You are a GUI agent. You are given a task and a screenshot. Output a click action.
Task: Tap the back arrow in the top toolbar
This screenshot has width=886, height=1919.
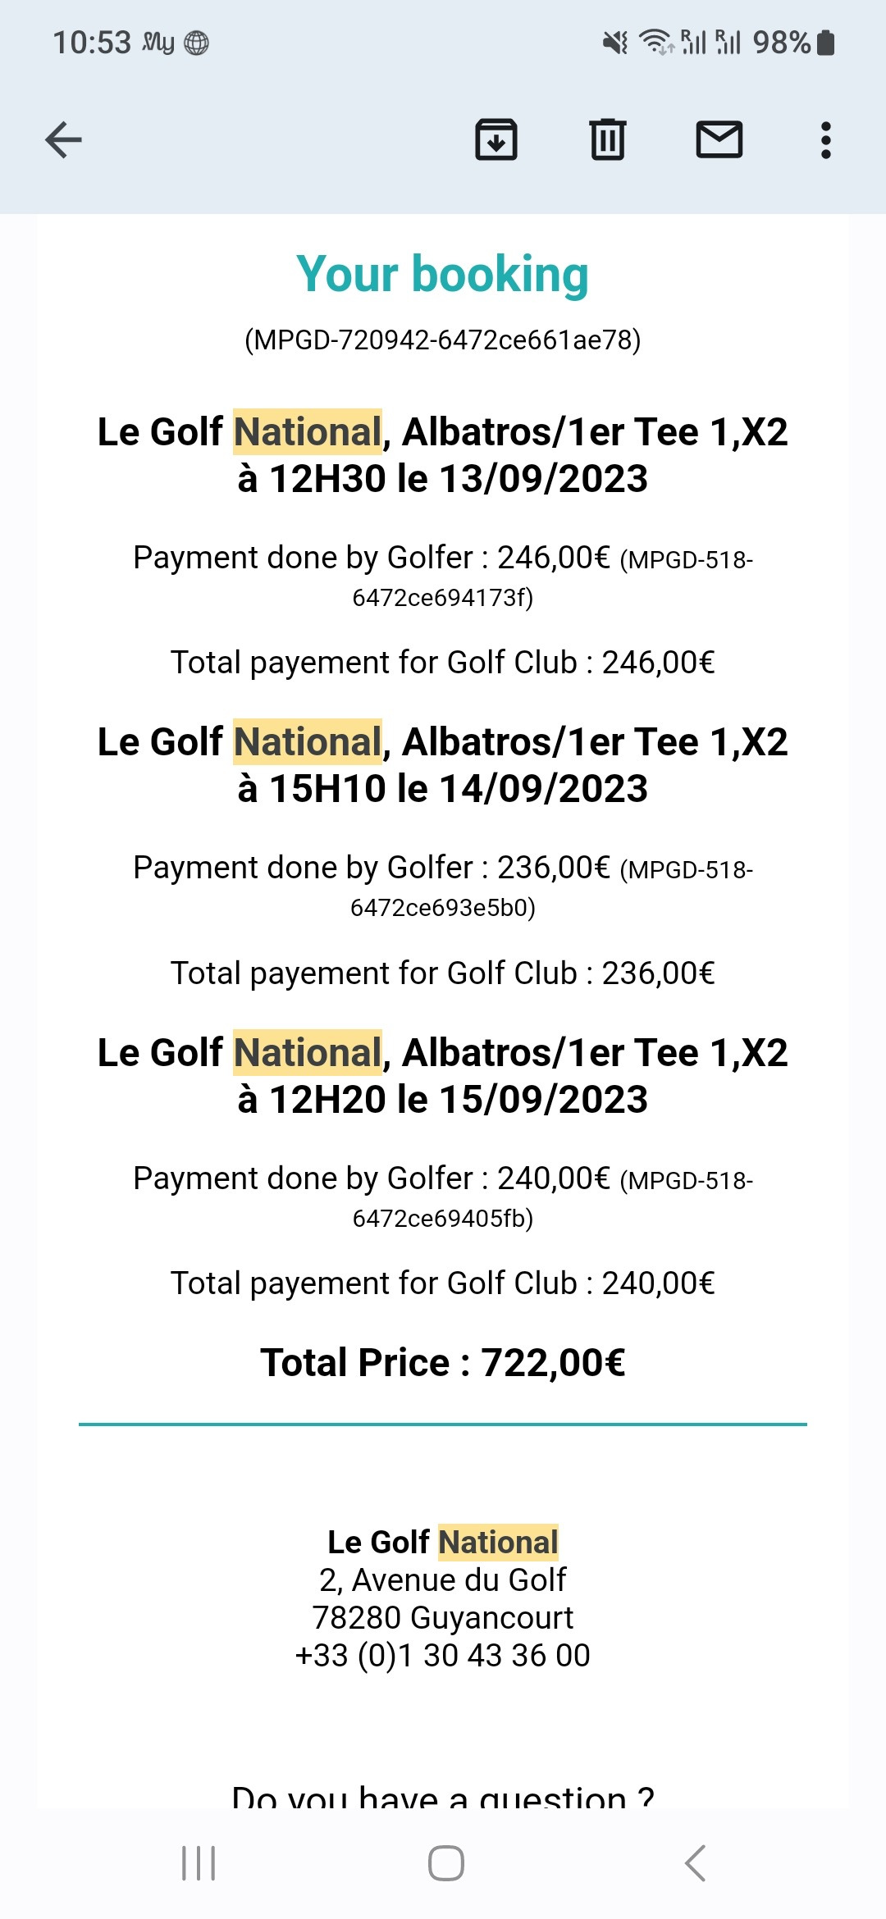point(63,139)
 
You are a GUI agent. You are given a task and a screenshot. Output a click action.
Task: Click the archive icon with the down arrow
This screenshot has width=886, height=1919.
point(496,139)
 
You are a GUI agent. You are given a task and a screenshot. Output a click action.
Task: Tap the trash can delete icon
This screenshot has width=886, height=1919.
point(607,139)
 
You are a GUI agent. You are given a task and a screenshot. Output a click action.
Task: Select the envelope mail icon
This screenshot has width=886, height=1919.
point(719,139)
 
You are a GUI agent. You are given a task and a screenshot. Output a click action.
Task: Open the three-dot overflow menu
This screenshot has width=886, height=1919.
point(825,140)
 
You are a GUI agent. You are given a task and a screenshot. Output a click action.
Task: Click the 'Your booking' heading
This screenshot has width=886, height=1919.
point(443,274)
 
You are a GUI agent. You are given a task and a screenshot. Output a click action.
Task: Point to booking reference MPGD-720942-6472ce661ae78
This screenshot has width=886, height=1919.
point(443,340)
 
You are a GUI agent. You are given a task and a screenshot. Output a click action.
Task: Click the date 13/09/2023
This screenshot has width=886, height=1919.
point(543,479)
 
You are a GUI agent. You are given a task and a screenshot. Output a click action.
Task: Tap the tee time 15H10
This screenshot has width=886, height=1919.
point(327,789)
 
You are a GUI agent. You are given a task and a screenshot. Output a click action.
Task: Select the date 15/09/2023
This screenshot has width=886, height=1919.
point(543,1100)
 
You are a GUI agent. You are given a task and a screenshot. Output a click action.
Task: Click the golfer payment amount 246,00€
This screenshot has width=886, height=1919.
point(554,558)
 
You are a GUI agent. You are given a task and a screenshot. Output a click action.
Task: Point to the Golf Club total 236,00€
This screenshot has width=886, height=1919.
point(658,973)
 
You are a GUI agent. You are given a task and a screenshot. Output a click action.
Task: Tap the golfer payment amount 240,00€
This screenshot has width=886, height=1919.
point(554,1179)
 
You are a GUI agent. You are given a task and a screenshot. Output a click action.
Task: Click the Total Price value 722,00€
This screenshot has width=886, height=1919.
point(553,1363)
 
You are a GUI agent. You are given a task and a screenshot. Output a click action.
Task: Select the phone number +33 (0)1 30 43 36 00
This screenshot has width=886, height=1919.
point(443,1656)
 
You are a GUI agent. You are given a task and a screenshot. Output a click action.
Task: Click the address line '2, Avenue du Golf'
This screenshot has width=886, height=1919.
point(443,1580)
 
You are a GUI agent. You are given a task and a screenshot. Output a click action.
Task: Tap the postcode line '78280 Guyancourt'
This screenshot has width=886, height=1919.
point(443,1618)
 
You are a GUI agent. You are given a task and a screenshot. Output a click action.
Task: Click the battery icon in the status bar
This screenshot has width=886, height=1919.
point(826,43)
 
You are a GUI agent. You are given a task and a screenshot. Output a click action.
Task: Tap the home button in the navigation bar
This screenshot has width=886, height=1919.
point(445,1863)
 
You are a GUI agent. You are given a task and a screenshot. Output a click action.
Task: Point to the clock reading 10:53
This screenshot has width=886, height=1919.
point(92,43)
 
